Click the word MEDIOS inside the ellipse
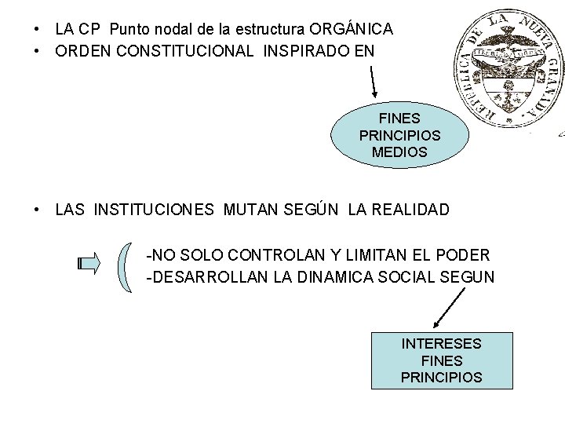coord(399,152)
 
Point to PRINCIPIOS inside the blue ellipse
coord(399,135)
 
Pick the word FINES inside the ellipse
coord(399,119)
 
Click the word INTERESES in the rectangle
coord(441,344)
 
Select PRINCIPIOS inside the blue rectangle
coord(441,377)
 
